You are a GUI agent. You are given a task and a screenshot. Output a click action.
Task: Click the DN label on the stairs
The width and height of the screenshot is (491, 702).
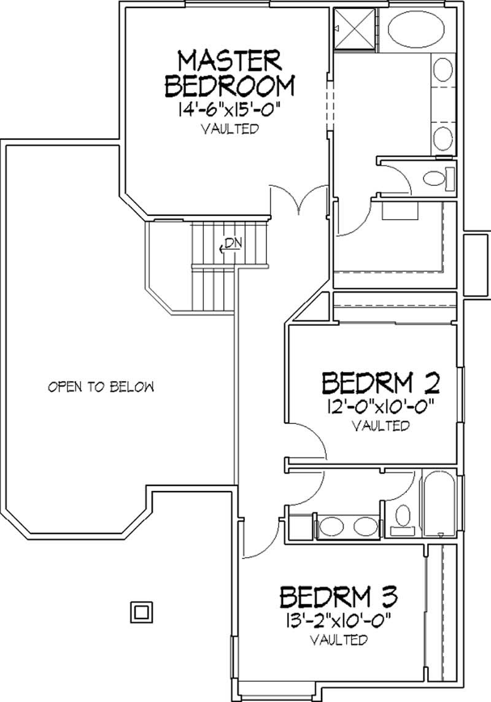pyautogui.click(x=230, y=242)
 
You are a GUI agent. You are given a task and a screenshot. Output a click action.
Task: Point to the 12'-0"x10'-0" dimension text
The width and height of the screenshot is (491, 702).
pyautogui.click(x=381, y=406)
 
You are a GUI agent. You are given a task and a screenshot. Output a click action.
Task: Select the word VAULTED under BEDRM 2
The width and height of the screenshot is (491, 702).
pyautogui.click(x=381, y=425)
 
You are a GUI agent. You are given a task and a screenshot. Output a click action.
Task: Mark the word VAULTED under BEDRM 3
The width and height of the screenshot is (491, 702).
pyautogui.click(x=339, y=640)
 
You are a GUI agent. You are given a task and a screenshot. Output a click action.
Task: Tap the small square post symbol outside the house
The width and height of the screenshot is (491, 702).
pyautogui.click(x=141, y=612)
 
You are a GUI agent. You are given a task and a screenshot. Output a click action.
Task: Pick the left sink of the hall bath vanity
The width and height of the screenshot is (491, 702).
pyautogui.click(x=333, y=526)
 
